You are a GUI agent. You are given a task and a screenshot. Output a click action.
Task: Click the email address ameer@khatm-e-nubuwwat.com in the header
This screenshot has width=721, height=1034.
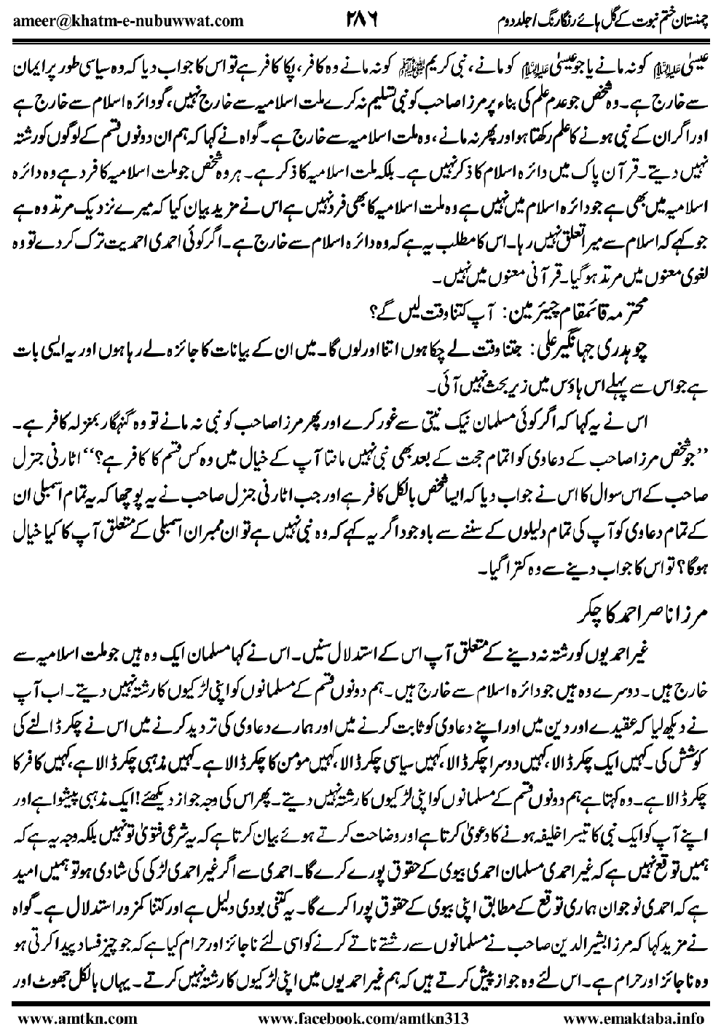(128, 20)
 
